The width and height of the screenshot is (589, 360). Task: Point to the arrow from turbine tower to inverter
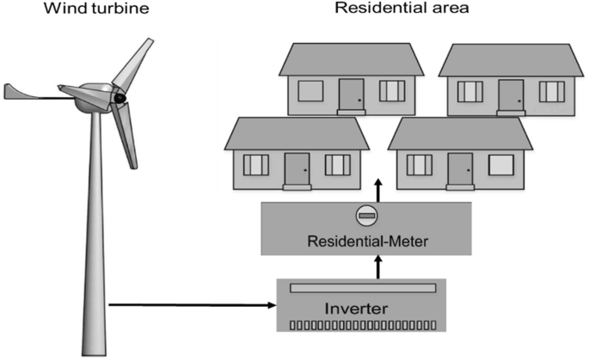coord(189,304)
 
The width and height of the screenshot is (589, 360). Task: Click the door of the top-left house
coord(351,95)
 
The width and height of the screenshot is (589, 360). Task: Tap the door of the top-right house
coord(512,95)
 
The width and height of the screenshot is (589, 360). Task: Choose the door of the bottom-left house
coord(297,168)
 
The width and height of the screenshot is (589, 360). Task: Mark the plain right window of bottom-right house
coord(500,164)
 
